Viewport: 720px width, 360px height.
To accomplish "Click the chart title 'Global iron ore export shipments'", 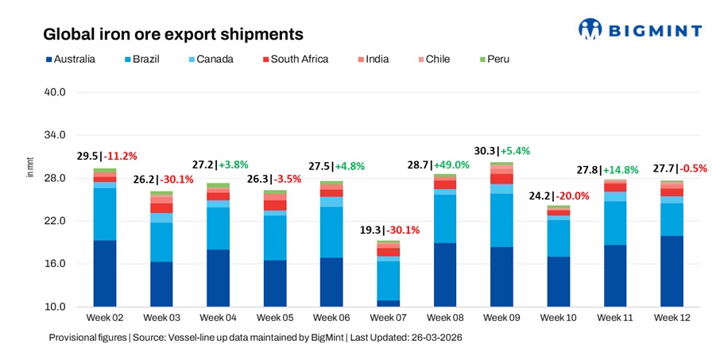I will point(172,34).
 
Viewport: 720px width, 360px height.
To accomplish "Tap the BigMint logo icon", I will point(590,29).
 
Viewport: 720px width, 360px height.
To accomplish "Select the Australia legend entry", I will point(72,59).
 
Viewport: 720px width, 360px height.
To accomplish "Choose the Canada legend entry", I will point(210,59).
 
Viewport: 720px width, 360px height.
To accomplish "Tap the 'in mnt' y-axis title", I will point(31,169).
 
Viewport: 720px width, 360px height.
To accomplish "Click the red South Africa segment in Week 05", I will point(274,205).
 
